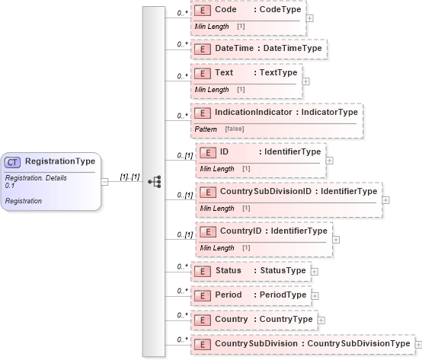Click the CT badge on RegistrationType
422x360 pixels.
point(14,161)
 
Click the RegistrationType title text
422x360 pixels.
point(60,161)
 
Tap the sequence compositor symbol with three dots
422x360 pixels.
point(154,182)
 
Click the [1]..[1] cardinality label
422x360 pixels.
point(130,177)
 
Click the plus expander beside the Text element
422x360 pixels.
point(306,79)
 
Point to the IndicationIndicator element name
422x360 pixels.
point(264,113)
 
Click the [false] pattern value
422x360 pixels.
point(235,129)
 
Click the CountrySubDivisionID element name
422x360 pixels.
point(266,191)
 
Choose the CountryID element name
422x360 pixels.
point(241,231)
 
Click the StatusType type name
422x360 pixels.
point(283,271)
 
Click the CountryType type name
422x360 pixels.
point(286,320)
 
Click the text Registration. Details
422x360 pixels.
point(36,177)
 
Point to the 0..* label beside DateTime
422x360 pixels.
point(183,44)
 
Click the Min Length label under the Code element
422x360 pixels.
point(211,27)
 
